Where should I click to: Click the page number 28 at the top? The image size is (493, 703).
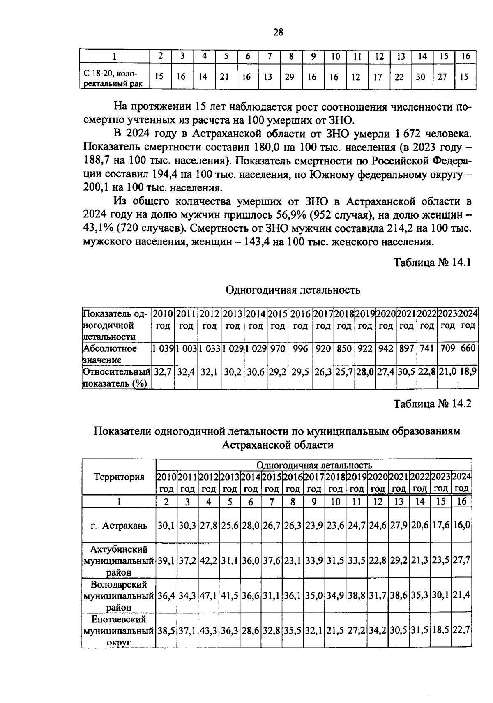pyautogui.click(x=278, y=32)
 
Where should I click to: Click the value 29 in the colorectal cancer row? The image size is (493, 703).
pyautogui.click(x=290, y=77)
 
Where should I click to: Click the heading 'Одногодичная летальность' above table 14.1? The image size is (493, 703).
pyautogui.click(x=293, y=290)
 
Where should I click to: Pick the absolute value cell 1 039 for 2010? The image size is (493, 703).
pyautogui.click(x=163, y=348)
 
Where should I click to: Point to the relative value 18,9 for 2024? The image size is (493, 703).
pyautogui.click(x=468, y=372)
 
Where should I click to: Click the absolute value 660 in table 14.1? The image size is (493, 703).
pyautogui.click(x=468, y=348)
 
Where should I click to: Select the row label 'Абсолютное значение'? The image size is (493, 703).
pyautogui.click(x=110, y=354)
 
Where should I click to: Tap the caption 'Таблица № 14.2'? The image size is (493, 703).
pyautogui.click(x=432, y=404)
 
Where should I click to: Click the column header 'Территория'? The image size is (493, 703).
pyautogui.click(x=119, y=477)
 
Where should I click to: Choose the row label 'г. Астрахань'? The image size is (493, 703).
pyautogui.click(x=119, y=526)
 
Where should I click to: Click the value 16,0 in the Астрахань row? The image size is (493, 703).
pyautogui.click(x=462, y=526)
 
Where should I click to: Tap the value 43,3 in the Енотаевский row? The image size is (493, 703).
pyautogui.click(x=209, y=630)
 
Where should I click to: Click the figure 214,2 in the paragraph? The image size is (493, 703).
pyautogui.click(x=401, y=228)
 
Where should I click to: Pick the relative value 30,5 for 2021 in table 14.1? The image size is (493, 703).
pyautogui.click(x=406, y=372)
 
